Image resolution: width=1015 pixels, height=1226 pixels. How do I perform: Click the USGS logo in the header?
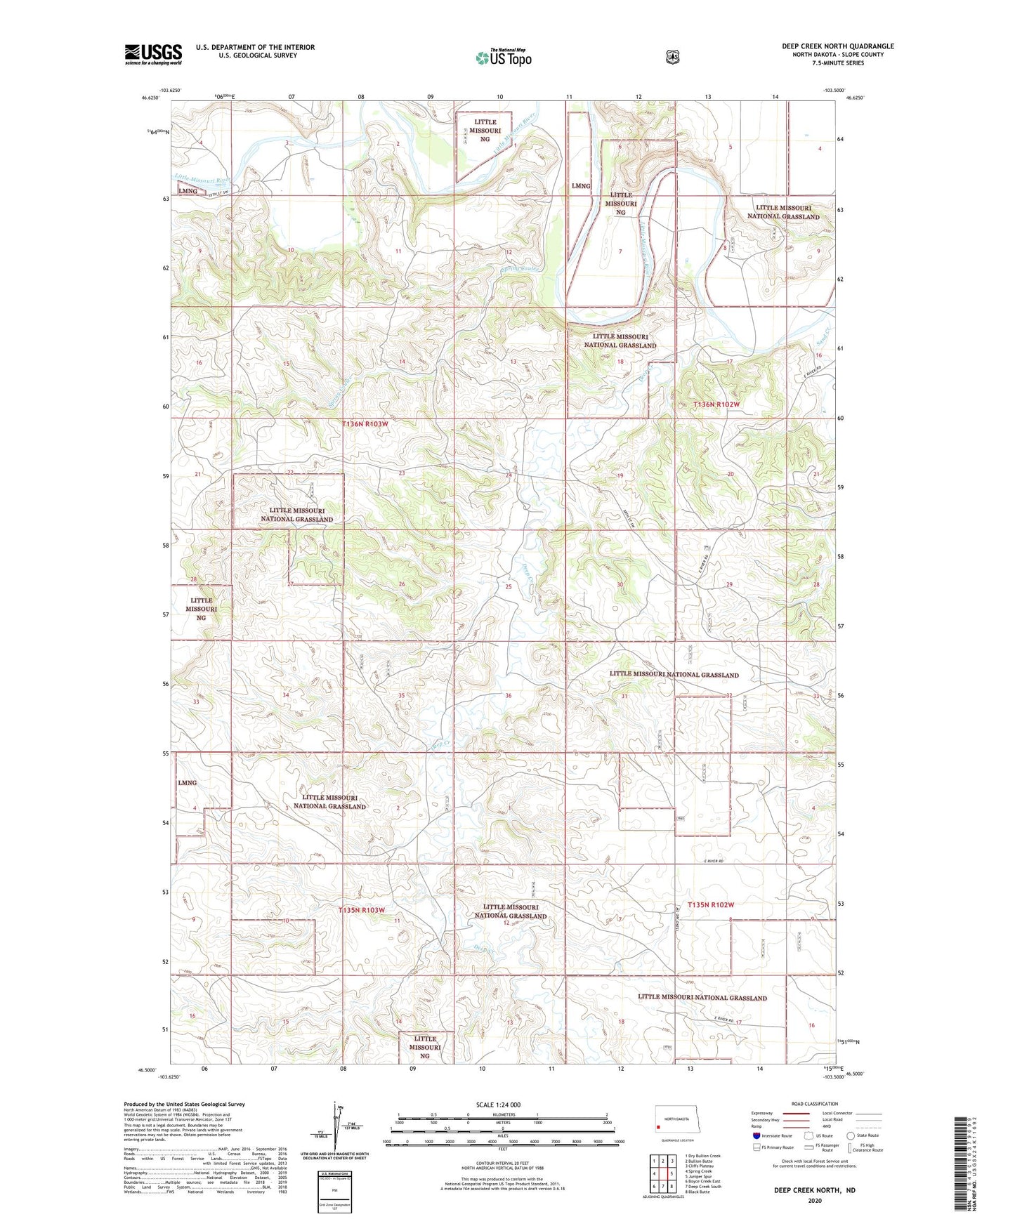click(153, 54)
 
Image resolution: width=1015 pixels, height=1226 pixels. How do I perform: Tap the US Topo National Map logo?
click(504, 57)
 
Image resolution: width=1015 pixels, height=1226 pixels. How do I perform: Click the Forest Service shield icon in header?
click(673, 57)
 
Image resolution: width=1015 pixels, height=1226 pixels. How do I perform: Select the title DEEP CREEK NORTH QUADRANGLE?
click(837, 46)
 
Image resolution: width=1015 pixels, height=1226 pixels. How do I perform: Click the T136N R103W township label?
click(365, 424)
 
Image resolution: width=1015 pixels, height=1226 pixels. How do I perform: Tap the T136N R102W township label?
click(716, 405)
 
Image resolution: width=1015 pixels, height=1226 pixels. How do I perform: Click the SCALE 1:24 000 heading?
click(498, 1105)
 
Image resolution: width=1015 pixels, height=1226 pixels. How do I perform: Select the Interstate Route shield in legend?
click(757, 1135)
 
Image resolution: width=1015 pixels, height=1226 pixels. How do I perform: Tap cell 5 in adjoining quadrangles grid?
click(672, 1173)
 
